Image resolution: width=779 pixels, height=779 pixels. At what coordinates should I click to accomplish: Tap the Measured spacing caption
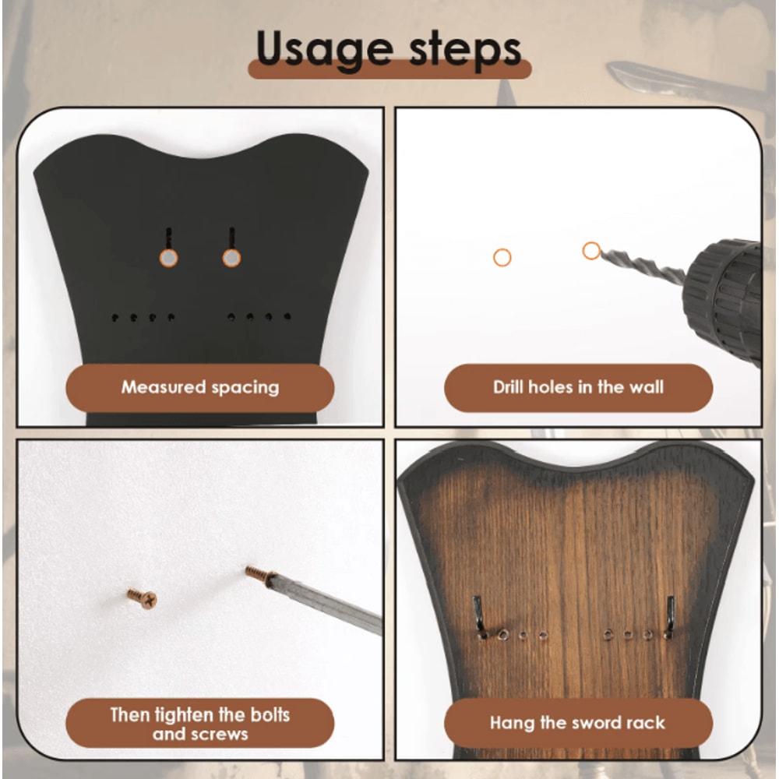(200, 387)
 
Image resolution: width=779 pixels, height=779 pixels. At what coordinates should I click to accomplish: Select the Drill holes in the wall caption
(578, 387)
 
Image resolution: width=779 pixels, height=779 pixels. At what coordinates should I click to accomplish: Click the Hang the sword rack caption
(578, 723)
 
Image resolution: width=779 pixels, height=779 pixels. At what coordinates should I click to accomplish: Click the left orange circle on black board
(167, 258)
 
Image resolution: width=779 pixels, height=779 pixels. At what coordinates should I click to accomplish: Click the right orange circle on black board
(231, 258)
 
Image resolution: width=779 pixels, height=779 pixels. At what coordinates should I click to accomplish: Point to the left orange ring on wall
(502, 257)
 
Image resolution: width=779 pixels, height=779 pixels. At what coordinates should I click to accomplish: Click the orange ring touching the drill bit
(591, 251)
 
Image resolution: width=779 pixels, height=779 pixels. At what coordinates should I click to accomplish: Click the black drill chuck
(724, 300)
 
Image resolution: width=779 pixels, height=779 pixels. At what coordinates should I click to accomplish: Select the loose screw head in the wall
(143, 598)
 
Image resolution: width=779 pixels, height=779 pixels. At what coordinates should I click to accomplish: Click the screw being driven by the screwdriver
(259, 575)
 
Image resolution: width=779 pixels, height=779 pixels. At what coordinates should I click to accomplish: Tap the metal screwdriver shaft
(327, 604)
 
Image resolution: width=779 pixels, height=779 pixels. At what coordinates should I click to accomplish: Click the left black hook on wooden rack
(479, 615)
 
